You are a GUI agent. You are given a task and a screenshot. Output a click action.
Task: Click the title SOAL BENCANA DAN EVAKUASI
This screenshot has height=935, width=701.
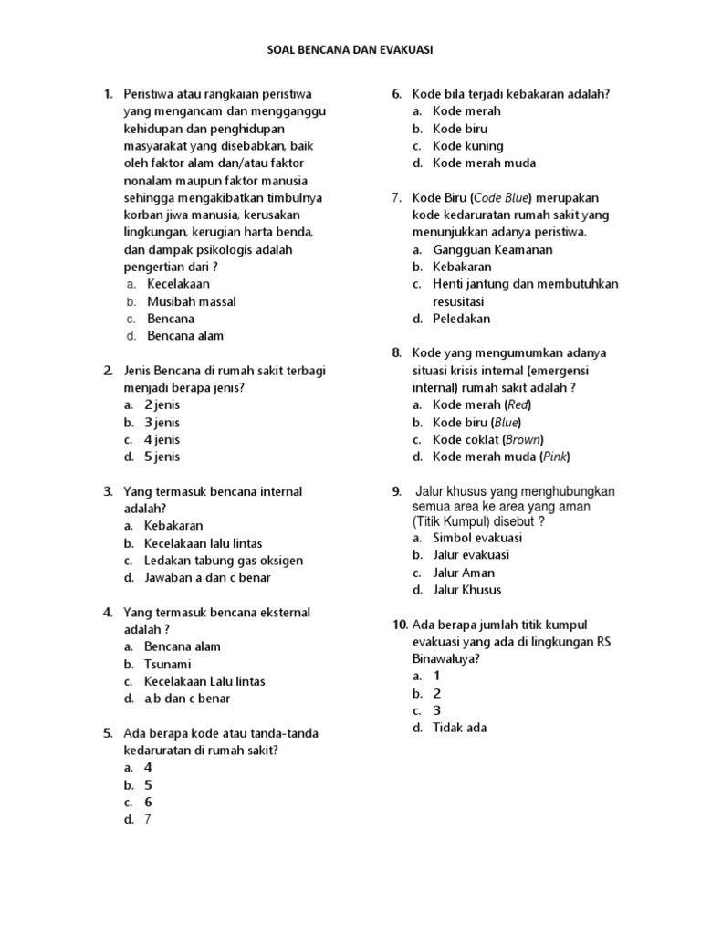[350, 51]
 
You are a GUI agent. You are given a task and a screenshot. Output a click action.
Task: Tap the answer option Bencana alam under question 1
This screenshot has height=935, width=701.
[185, 336]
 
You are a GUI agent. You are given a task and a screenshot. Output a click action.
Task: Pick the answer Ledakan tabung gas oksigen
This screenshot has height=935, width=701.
[224, 561]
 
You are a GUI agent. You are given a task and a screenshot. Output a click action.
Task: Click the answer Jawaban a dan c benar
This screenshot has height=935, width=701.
[207, 578]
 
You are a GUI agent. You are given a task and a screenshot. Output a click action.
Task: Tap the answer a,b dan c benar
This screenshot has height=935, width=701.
[187, 699]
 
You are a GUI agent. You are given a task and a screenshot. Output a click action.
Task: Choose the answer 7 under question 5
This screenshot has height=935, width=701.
[148, 819]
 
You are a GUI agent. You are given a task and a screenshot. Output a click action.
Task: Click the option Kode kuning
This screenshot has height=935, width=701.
[467, 146]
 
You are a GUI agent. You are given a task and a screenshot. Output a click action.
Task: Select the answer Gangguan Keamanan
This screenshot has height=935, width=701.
[493, 249]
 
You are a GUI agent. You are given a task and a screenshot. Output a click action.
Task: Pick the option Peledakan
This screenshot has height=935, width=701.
[462, 319]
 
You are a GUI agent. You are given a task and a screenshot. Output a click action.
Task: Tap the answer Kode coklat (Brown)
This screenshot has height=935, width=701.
[487, 439]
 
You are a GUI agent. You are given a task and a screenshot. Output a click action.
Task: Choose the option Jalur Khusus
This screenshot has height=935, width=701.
[467, 590]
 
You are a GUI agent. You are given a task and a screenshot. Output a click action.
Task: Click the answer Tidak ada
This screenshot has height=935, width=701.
[460, 728]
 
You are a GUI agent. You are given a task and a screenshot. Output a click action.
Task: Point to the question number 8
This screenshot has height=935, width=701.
[396, 352]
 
